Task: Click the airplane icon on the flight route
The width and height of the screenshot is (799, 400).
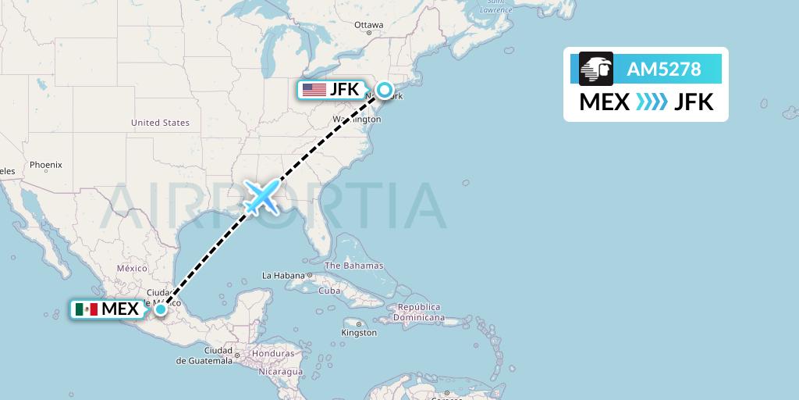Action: pos(261,197)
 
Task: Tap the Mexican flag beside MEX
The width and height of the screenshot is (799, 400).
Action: pos(87,309)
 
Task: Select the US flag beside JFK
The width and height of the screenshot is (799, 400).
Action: pos(314,90)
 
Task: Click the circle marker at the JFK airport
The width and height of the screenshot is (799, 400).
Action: pos(385,90)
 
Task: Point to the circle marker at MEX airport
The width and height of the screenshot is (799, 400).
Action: pos(160,309)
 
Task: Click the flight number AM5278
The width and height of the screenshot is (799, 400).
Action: pos(664,69)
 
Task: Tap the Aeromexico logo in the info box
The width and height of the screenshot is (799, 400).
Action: pos(596,69)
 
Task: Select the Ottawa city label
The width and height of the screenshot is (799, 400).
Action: pos(369,25)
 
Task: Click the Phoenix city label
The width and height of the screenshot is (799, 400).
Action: pos(45,165)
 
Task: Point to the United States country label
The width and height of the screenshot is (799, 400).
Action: pos(160,123)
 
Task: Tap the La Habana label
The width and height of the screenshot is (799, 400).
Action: pos(284,276)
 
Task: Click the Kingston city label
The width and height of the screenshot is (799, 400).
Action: pos(359,333)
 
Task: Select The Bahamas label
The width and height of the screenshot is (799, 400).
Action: pos(353,266)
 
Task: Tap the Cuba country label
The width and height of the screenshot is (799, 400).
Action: pos(330,291)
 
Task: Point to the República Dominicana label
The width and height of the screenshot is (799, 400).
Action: pos(418,312)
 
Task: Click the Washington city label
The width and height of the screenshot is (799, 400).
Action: pos(357,119)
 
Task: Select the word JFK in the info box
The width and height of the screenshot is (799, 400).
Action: pos(694,102)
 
